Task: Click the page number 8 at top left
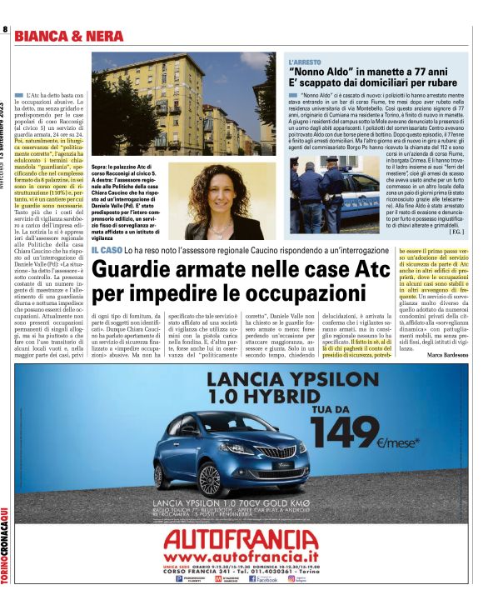pyautogui.click(x=5, y=30)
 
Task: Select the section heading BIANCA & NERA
pyautogui.click(x=68, y=37)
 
